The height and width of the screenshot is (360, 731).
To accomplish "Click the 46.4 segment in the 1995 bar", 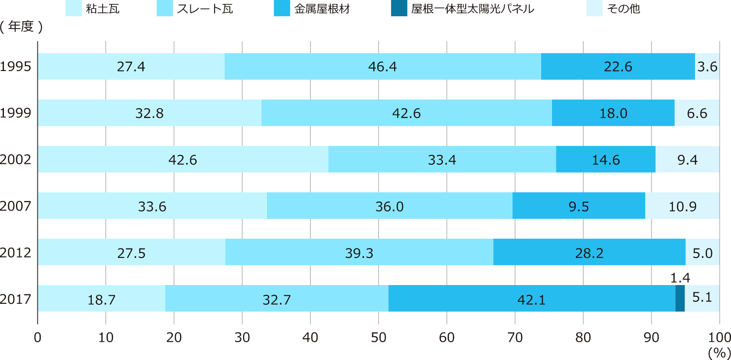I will (x=382, y=67).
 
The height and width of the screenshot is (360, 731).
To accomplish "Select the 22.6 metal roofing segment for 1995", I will (x=618, y=67).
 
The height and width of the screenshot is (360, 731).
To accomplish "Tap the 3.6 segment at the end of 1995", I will (x=707, y=67).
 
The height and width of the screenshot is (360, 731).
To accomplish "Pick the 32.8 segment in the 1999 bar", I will (x=149, y=113).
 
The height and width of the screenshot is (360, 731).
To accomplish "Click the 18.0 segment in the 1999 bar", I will (x=613, y=113).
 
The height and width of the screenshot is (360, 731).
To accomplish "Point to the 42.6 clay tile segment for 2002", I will (x=183, y=159).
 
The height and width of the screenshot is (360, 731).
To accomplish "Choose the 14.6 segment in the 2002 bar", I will (x=605, y=159).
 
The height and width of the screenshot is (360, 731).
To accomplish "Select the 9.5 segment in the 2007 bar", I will (x=579, y=206).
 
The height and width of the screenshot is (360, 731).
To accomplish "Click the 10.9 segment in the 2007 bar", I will (x=682, y=206).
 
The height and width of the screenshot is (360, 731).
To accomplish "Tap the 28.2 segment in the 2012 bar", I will (x=589, y=252).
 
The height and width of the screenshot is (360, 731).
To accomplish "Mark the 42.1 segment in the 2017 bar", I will (x=531, y=298).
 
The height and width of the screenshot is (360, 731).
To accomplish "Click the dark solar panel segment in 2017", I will (x=680, y=298).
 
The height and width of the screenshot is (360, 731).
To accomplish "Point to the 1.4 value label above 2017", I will (x=680, y=279).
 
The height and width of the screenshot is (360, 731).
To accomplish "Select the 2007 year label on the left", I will (x=16, y=206).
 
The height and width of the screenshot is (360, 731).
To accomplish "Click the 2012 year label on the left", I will (x=16, y=252).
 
